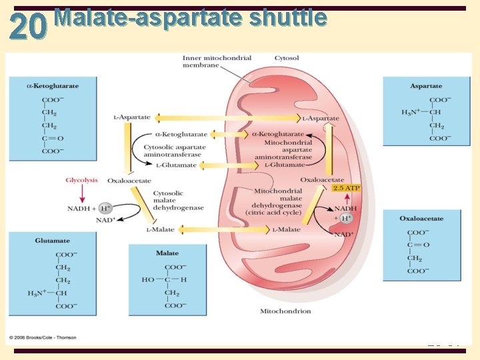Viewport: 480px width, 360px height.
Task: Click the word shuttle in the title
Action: pos(288,18)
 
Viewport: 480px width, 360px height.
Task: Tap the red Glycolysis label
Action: pos(81,179)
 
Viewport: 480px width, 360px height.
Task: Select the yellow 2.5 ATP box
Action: pos(347,188)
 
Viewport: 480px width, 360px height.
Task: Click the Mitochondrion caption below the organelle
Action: pos(285,311)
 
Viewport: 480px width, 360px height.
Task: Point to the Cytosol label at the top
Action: pos(287,59)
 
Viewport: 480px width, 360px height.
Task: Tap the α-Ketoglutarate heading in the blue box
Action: pos(53,86)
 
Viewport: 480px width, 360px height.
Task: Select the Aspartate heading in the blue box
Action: pos(426,86)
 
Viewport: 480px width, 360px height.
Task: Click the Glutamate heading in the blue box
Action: pos(53,241)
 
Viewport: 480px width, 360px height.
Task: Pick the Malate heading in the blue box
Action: pos(167,253)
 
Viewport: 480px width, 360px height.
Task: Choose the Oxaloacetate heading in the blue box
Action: pos(421,218)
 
